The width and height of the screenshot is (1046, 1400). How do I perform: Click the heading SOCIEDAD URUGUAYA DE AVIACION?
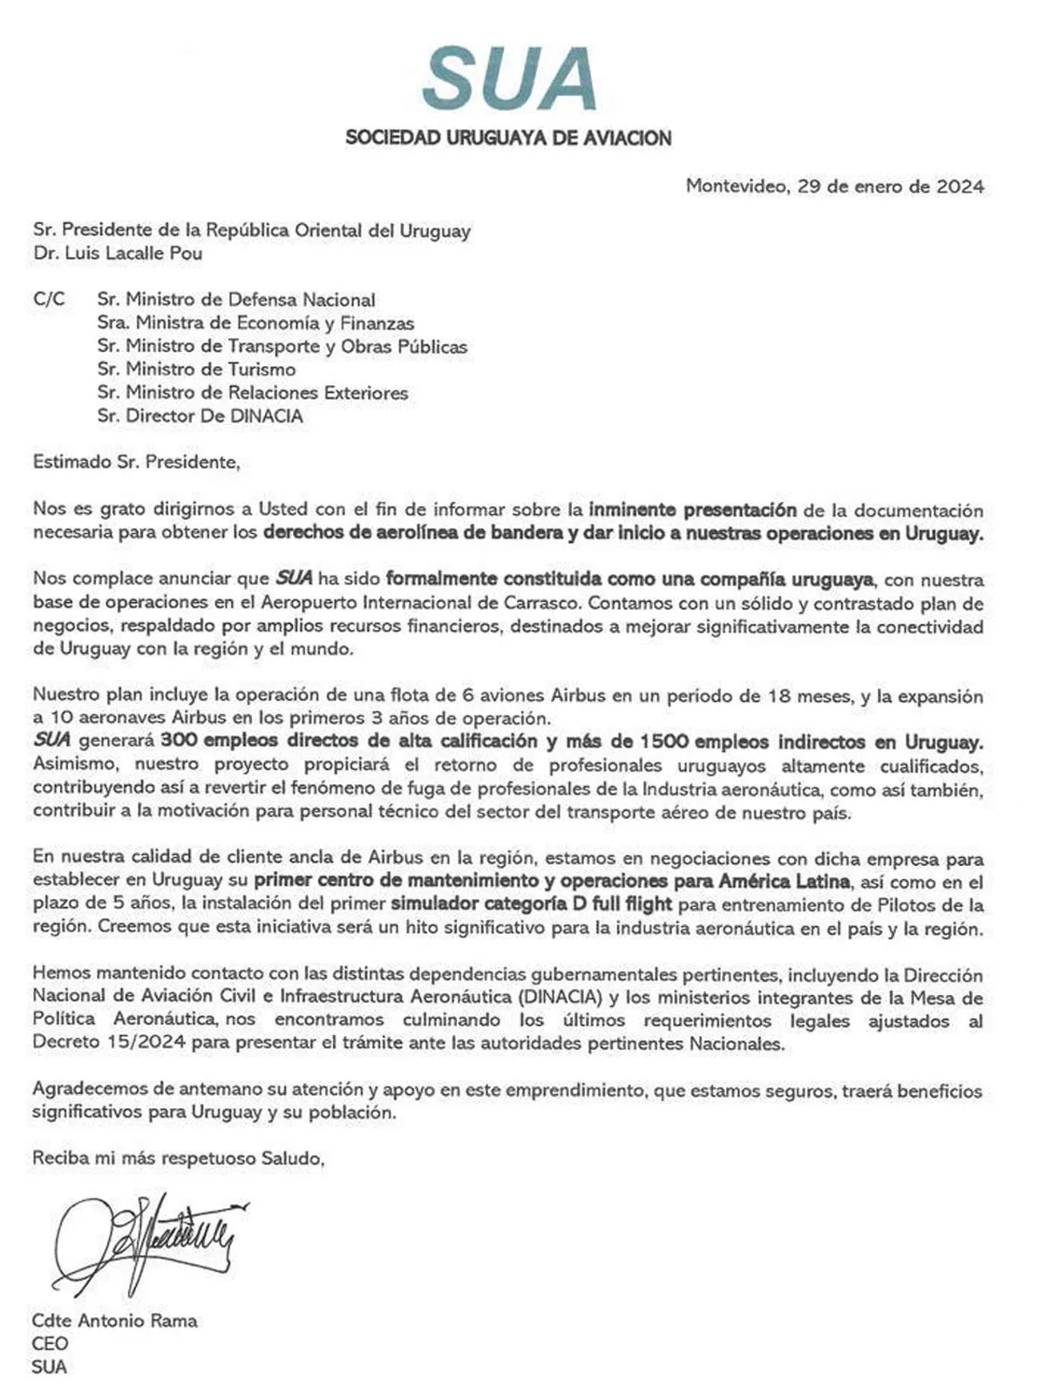pos(508,138)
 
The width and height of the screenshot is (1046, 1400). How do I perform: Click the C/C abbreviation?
pos(49,299)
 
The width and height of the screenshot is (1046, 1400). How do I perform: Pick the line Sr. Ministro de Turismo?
pos(196,369)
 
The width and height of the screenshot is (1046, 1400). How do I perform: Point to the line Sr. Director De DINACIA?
pos(200,416)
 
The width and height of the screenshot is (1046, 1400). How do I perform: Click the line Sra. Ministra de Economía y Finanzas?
pos(255,323)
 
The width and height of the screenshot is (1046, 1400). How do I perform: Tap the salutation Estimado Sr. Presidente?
pos(136,462)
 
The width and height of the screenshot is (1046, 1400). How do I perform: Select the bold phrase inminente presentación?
pos(692,510)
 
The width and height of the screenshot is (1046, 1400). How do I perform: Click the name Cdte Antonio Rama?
pos(115,1320)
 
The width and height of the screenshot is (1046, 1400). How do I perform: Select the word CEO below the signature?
pos(50,1343)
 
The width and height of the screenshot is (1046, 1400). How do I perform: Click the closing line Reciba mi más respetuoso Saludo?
pos(179,1158)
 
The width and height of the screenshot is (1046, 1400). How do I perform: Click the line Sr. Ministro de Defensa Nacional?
pos(236,300)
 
